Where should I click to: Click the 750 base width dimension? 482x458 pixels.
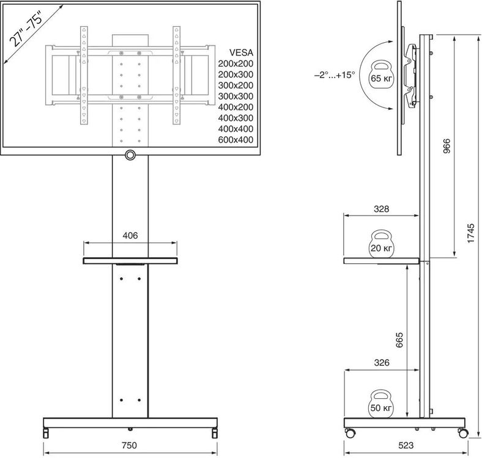[x=129, y=445]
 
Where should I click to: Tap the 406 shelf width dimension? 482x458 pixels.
[x=130, y=236]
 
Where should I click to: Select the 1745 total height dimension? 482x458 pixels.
[x=470, y=233]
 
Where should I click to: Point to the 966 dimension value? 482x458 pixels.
[x=447, y=146]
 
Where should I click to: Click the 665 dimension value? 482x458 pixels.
[x=399, y=340]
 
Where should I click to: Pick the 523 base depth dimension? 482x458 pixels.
[x=406, y=445]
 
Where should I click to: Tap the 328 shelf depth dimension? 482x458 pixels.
[x=381, y=209]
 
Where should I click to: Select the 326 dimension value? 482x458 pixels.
[x=382, y=363]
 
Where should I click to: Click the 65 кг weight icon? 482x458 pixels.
[x=382, y=75]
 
